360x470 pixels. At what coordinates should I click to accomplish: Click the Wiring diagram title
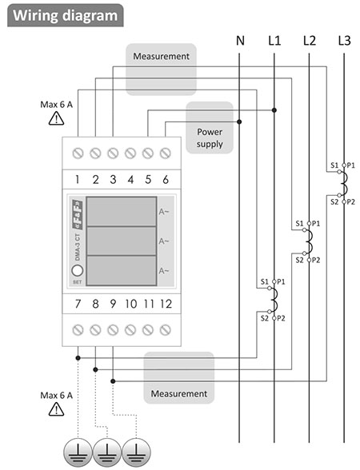click(65, 16)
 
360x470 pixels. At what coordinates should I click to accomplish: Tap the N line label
click(240, 41)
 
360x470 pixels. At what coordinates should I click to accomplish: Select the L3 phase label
click(344, 41)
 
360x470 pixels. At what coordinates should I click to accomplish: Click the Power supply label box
click(210, 128)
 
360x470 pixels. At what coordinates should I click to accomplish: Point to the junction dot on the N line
click(239, 121)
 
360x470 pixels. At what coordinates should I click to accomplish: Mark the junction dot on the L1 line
click(274, 110)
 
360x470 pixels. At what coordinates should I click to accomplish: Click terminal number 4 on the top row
click(130, 180)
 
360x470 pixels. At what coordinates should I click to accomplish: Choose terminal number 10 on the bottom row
click(131, 304)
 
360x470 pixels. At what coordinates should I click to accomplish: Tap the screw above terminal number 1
click(78, 153)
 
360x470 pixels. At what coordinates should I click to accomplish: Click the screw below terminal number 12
click(166, 330)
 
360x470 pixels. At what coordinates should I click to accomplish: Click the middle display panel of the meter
click(122, 241)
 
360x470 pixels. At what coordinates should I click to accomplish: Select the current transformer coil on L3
click(346, 183)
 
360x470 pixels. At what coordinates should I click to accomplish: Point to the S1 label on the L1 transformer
click(264, 281)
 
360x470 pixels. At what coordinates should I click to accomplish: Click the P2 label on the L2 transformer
click(316, 261)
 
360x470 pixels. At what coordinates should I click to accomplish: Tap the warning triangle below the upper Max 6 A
click(56, 118)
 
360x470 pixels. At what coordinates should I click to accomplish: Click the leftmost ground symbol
click(78, 453)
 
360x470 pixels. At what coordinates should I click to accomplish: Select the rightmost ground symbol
click(137, 453)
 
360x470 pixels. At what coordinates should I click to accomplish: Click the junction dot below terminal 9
click(113, 381)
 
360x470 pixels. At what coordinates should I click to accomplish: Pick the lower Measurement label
click(179, 393)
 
